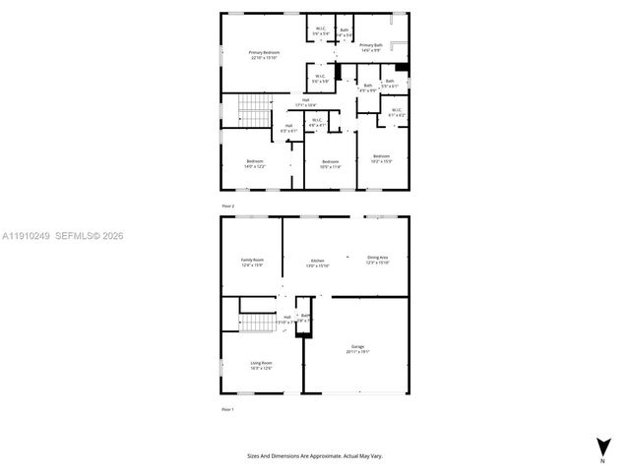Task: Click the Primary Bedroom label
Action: point(263,54)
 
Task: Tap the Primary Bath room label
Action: point(371,47)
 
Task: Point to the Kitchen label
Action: point(317,263)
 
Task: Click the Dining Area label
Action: point(378,260)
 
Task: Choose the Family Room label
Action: point(253,263)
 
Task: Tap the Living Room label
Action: point(261,366)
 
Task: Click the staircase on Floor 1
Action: point(255,324)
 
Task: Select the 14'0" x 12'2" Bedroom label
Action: point(255,163)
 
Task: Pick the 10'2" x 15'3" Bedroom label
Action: point(381,158)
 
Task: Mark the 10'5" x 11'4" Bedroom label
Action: point(329,163)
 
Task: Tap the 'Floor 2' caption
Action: point(227,206)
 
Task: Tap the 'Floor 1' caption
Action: point(227,408)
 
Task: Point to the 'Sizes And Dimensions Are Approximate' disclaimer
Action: point(314,455)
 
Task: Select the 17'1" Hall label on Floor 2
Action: point(306,101)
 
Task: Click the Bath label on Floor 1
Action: point(305,317)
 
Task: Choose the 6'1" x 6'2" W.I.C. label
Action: point(396,112)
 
